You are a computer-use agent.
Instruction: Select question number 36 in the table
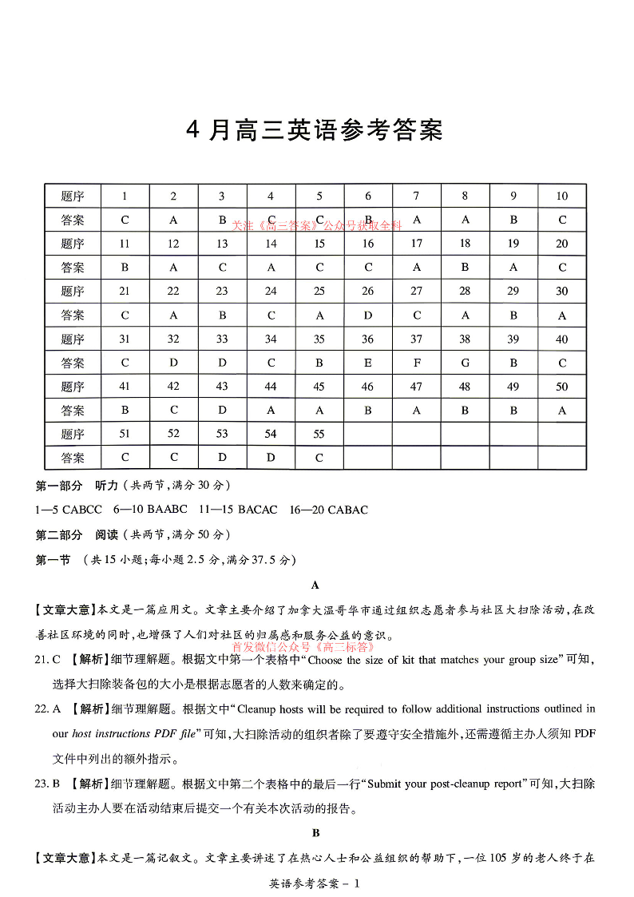pos(367,339)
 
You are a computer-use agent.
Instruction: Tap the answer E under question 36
pos(367,363)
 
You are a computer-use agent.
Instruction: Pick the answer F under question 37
pos(416,363)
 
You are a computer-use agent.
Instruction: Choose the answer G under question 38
pos(465,363)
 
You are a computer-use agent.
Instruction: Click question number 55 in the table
pos(319,435)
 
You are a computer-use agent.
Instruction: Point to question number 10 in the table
pos(562,196)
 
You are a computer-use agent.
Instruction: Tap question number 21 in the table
pos(125,292)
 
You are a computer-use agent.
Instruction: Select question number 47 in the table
pos(416,387)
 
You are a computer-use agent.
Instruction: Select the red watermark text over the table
pos(317,226)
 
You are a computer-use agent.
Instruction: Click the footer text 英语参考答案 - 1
pos(316,883)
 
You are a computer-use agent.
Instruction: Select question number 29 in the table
pos(513,292)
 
